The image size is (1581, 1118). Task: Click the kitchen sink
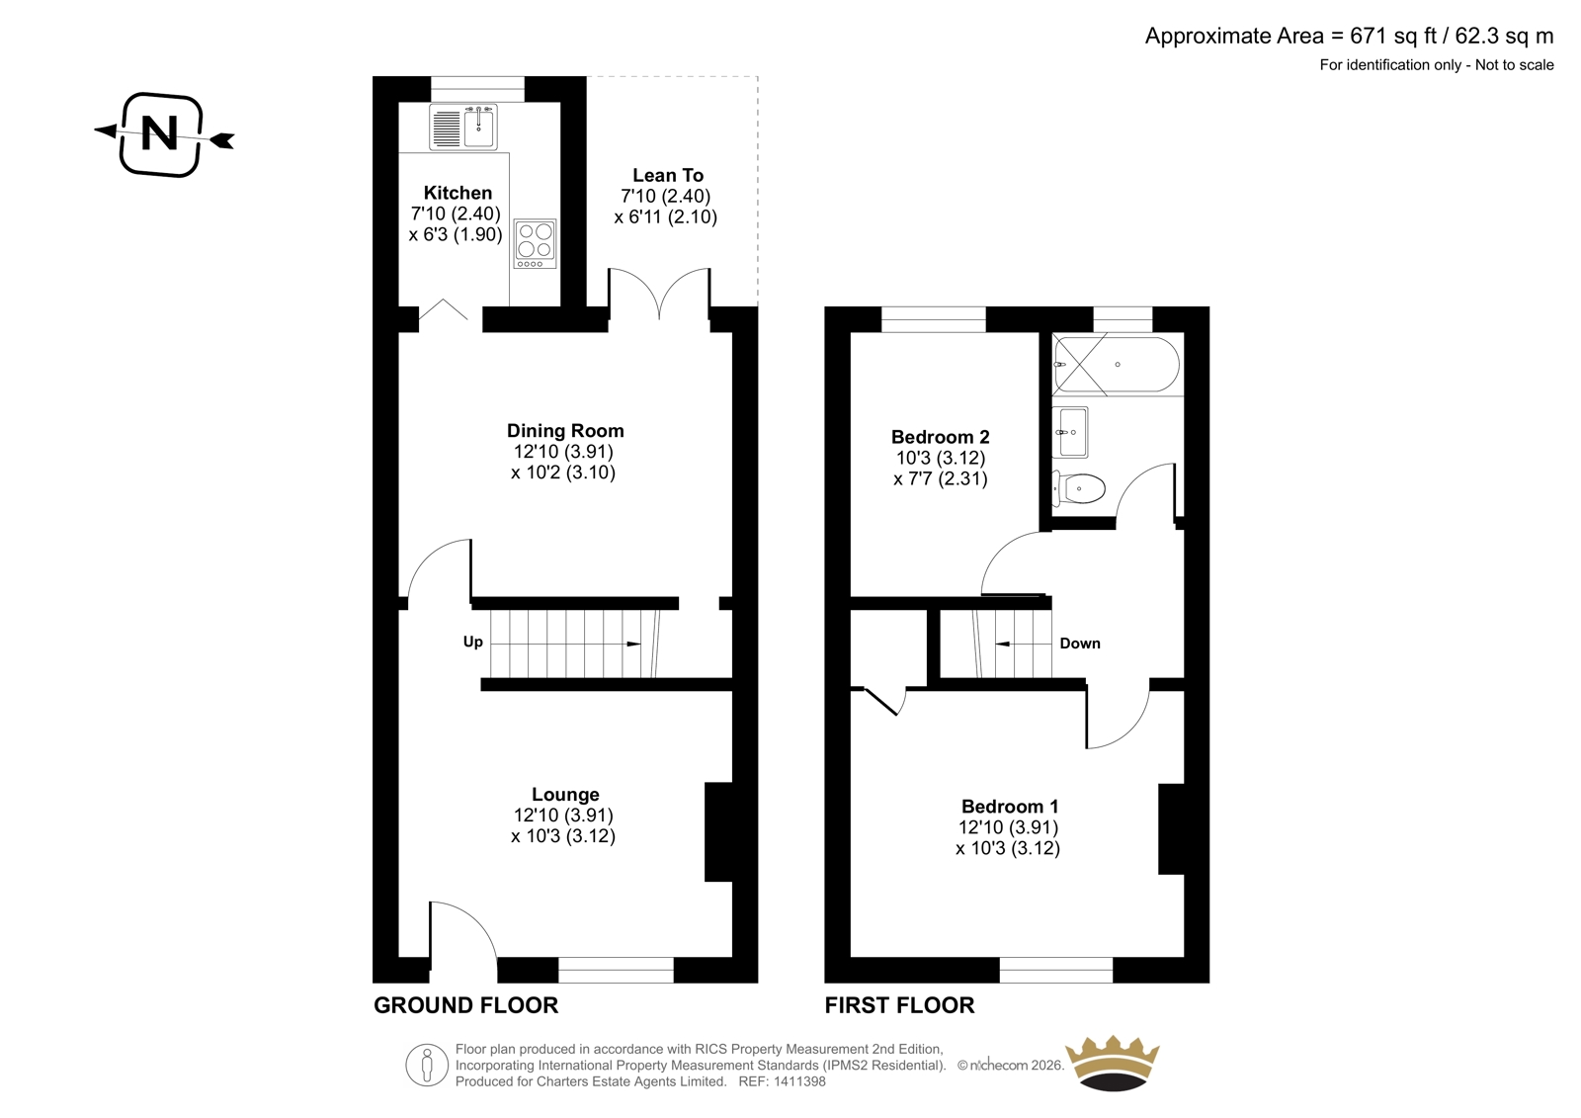click(x=463, y=128)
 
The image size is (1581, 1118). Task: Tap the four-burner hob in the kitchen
click(x=535, y=243)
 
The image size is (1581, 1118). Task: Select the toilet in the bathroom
click(x=1078, y=488)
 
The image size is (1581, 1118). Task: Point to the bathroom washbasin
click(x=1070, y=432)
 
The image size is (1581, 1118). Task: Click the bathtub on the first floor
click(x=1116, y=365)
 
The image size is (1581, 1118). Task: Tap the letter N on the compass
click(x=159, y=132)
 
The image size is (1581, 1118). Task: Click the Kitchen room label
click(x=458, y=193)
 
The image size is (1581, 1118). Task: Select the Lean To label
click(x=668, y=175)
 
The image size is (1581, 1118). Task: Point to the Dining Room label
click(x=565, y=431)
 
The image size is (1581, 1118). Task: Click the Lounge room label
click(x=565, y=795)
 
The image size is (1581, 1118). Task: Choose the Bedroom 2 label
click(x=940, y=437)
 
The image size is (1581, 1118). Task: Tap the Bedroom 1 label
click(x=1010, y=807)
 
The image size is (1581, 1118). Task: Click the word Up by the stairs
click(x=473, y=642)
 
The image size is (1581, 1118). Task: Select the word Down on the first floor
click(x=1080, y=644)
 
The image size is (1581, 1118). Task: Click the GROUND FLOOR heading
click(x=465, y=1005)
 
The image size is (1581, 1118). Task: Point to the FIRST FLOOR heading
click(x=900, y=1005)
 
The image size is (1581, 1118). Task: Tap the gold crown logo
click(x=1113, y=1064)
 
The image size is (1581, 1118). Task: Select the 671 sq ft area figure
click(x=1394, y=36)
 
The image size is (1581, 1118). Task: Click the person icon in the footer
click(x=427, y=1065)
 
